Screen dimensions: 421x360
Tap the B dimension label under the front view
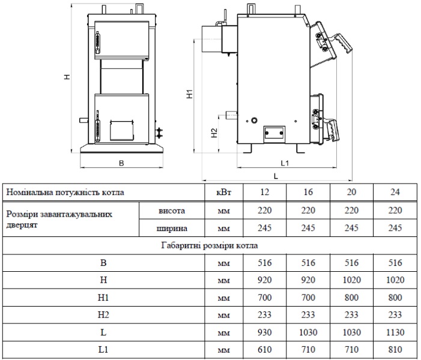[121, 163]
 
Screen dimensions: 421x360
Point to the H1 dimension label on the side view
[190, 94]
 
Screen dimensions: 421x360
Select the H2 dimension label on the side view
[214, 133]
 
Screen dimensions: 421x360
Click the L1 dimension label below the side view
[285, 163]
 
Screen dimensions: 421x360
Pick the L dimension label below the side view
[276, 176]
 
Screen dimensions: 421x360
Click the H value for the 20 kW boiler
[351, 280]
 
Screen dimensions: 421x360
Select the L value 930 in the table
[264, 332]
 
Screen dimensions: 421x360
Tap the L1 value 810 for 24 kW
[395, 350]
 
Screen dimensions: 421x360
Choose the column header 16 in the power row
[308, 192]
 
